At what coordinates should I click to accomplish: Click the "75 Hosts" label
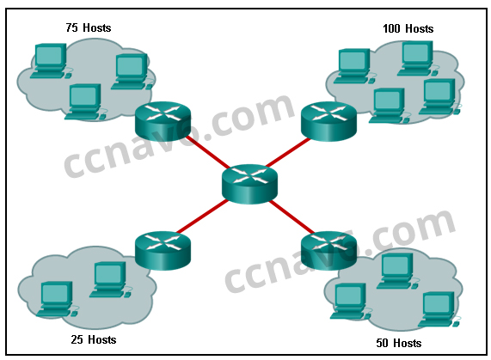[89, 27]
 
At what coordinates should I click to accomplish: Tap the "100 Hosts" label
[408, 28]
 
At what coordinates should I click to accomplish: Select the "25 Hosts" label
[94, 339]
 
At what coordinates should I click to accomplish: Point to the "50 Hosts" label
[399, 343]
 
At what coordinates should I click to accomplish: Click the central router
[249, 184]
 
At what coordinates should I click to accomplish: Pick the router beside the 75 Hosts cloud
[163, 121]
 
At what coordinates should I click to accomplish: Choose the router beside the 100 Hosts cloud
[328, 121]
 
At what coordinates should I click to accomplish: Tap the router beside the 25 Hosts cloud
[163, 251]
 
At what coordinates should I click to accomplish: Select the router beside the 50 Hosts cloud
[328, 251]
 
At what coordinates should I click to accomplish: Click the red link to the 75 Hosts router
[208, 152]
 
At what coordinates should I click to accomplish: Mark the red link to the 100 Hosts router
[288, 152]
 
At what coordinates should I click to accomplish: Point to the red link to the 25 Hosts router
[202, 217]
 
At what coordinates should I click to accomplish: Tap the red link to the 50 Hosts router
[292, 217]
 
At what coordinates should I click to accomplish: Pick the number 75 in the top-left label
[71, 27]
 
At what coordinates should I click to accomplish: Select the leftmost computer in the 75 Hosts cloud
[51, 61]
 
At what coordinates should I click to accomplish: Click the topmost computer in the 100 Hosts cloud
[417, 58]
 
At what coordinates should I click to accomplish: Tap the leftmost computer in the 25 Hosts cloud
[58, 299]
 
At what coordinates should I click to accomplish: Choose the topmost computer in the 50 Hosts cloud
[397, 271]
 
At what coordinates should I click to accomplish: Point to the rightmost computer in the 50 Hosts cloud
[439, 309]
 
